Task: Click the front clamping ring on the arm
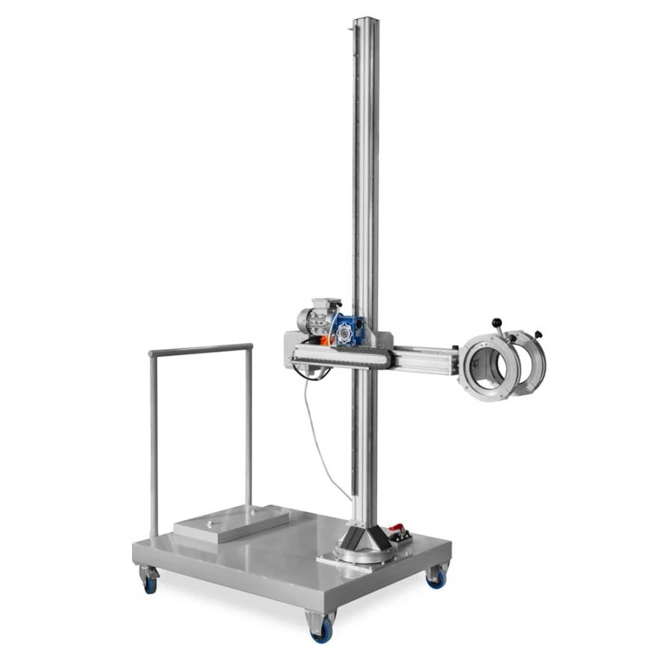coord(490,366)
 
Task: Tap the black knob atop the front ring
coord(497,323)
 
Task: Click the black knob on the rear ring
coord(539,334)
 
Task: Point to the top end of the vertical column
coord(365,22)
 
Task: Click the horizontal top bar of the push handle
coord(200,349)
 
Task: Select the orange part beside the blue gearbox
coord(324,339)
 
